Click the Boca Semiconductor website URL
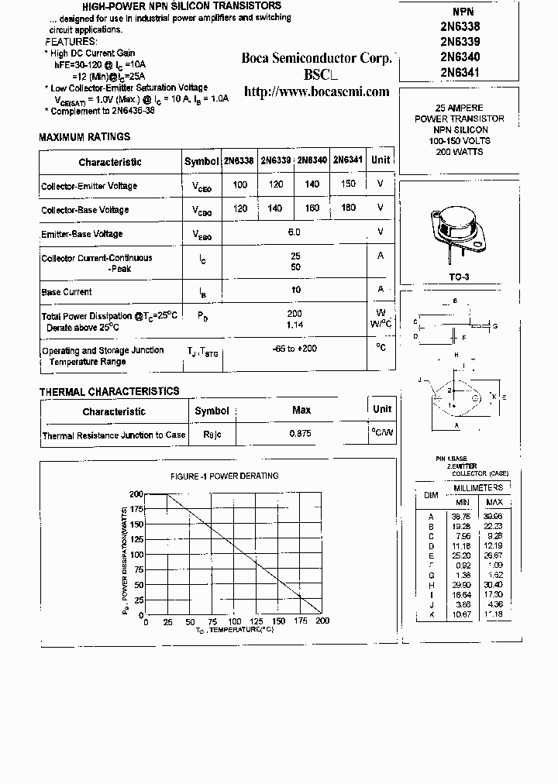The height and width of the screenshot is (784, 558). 316,91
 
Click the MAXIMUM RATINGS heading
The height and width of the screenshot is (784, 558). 84,137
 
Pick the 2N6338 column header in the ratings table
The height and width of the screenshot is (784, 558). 238,161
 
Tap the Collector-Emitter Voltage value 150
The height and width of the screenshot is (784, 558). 348,184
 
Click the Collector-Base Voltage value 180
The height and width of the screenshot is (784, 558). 348,208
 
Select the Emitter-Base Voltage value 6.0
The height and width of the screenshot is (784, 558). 294,232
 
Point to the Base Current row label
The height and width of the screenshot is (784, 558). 67,292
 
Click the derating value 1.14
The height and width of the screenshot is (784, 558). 294,325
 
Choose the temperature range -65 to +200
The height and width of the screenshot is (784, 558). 294,349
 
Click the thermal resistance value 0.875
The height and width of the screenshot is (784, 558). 301,434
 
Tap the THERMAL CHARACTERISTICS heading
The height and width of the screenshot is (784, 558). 109,392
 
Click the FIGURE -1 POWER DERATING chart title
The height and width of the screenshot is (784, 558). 224,476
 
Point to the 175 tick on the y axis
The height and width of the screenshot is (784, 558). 136,509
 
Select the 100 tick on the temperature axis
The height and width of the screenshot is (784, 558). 234,621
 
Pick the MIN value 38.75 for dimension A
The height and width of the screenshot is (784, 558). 461,517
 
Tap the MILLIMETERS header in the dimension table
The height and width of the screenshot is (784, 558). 477,488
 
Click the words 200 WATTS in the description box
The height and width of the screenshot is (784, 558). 460,152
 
